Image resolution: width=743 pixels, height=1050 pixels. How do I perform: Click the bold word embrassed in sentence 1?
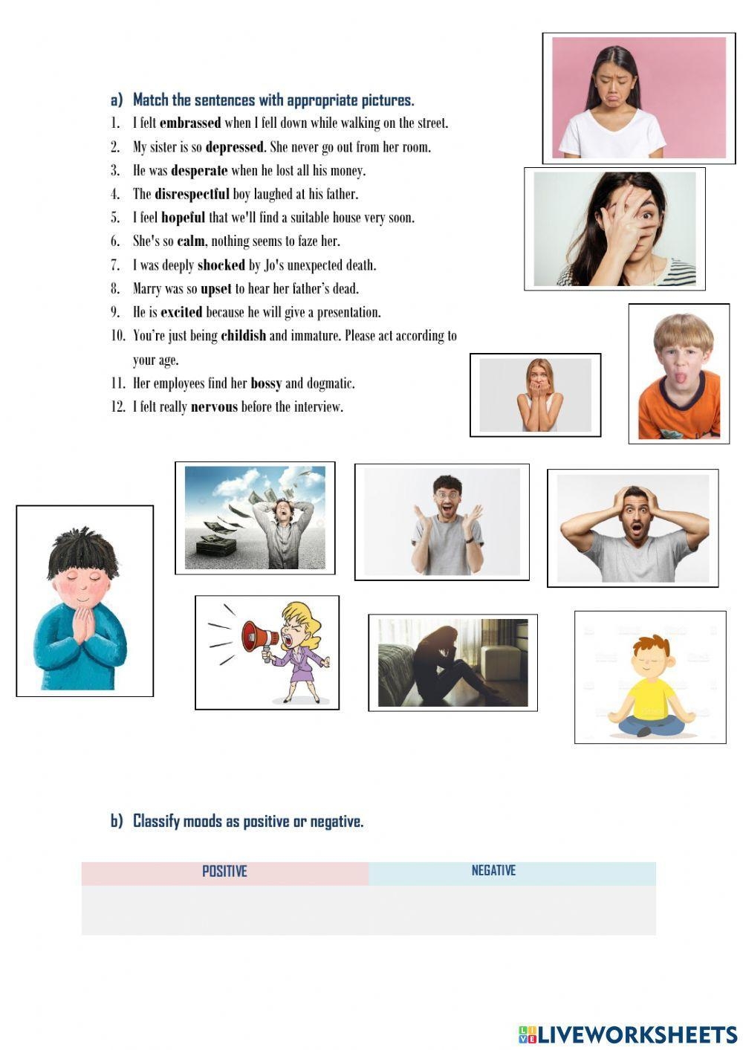(190, 123)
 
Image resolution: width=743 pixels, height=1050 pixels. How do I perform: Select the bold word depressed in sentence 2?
(234, 147)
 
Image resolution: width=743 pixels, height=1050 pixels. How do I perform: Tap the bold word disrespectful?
(192, 195)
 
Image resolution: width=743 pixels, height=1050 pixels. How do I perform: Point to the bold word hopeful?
(183, 218)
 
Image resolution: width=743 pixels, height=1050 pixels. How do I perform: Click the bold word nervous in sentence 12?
(214, 407)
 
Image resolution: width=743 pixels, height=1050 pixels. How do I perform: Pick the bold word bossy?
(266, 383)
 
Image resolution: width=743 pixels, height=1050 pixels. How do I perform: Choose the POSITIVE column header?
(224, 872)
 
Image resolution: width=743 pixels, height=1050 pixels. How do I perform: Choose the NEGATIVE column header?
(493, 871)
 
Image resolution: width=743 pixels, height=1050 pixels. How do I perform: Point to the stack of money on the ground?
(215, 549)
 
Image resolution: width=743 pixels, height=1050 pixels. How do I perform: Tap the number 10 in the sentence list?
(118, 336)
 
